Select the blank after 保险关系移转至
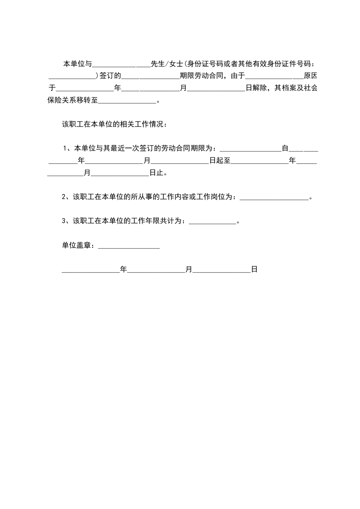127,101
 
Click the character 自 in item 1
285,148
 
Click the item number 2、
67,197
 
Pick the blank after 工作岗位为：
273,197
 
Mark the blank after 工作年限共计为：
212,221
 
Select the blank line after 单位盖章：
128,246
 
